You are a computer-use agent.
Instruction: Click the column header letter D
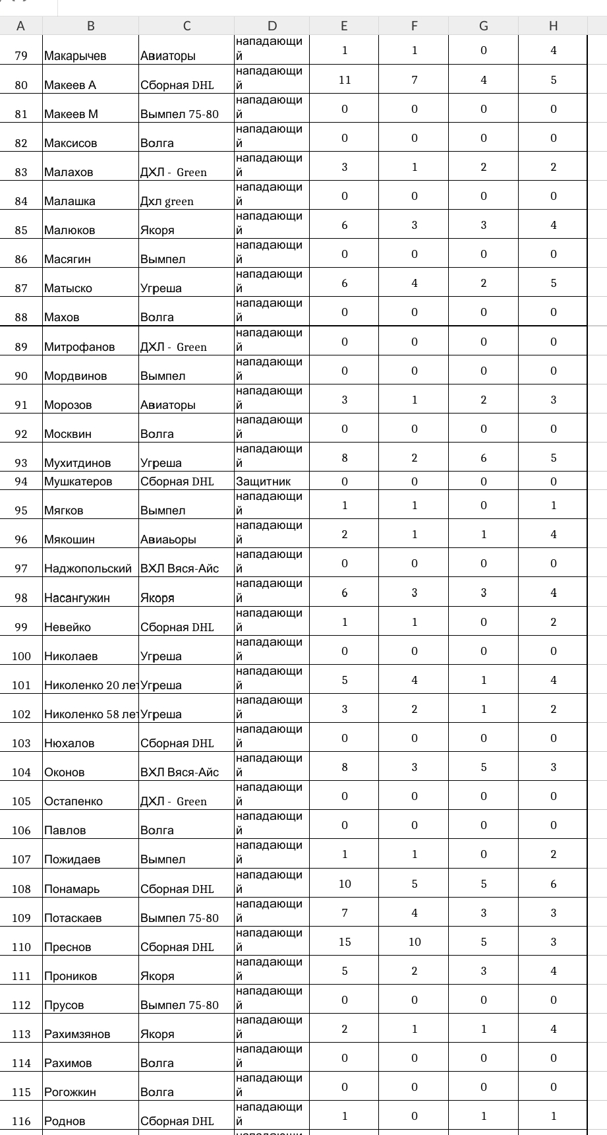[272, 26]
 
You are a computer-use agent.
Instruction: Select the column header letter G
[483, 26]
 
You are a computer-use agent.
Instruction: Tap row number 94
[21, 481]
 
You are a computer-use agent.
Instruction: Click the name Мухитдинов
[77, 463]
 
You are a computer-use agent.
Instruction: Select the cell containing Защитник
[263, 481]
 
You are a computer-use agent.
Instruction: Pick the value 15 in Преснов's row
[345, 942]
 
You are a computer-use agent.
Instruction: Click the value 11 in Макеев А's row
[345, 80]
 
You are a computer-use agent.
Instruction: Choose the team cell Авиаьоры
[168, 539]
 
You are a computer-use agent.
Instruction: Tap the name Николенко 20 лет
[90, 685]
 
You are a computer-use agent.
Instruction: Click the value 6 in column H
[553, 884]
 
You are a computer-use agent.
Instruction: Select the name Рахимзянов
[77, 1034]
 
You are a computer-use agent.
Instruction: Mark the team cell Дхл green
[167, 201]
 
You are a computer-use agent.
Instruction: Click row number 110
[21, 947]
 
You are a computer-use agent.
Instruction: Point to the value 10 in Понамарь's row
[345, 884]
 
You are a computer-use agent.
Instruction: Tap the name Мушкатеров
[78, 481]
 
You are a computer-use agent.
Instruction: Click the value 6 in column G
[483, 458]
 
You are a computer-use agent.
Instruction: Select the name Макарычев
[75, 56]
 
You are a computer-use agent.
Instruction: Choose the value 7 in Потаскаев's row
[345, 913]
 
